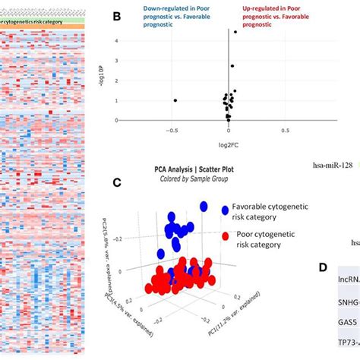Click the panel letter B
pyautogui.click(x=117, y=14)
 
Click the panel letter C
pyautogui.click(x=116, y=182)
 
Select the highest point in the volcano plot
pyautogui.click(x=235, y=32)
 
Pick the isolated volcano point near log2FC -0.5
pyautogui.click(x=175, y=100)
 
